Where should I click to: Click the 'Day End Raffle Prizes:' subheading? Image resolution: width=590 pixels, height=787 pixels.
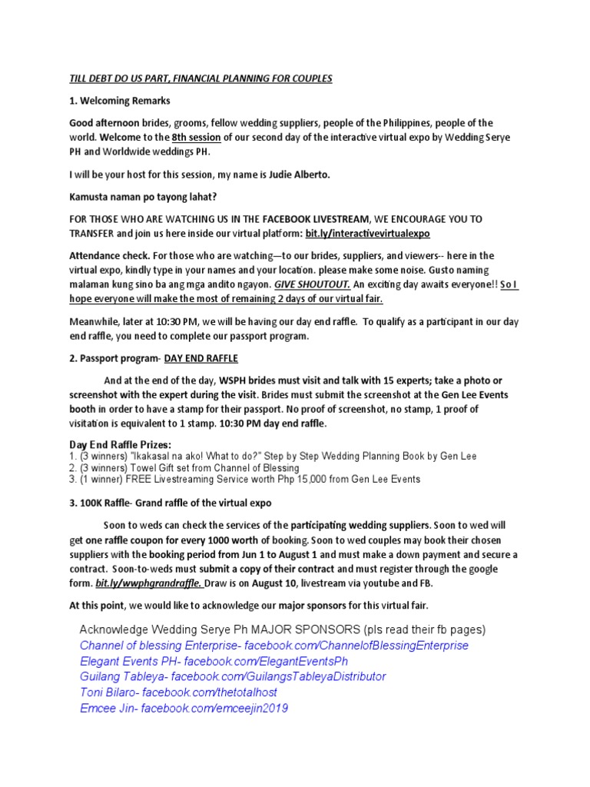(121, 445)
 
